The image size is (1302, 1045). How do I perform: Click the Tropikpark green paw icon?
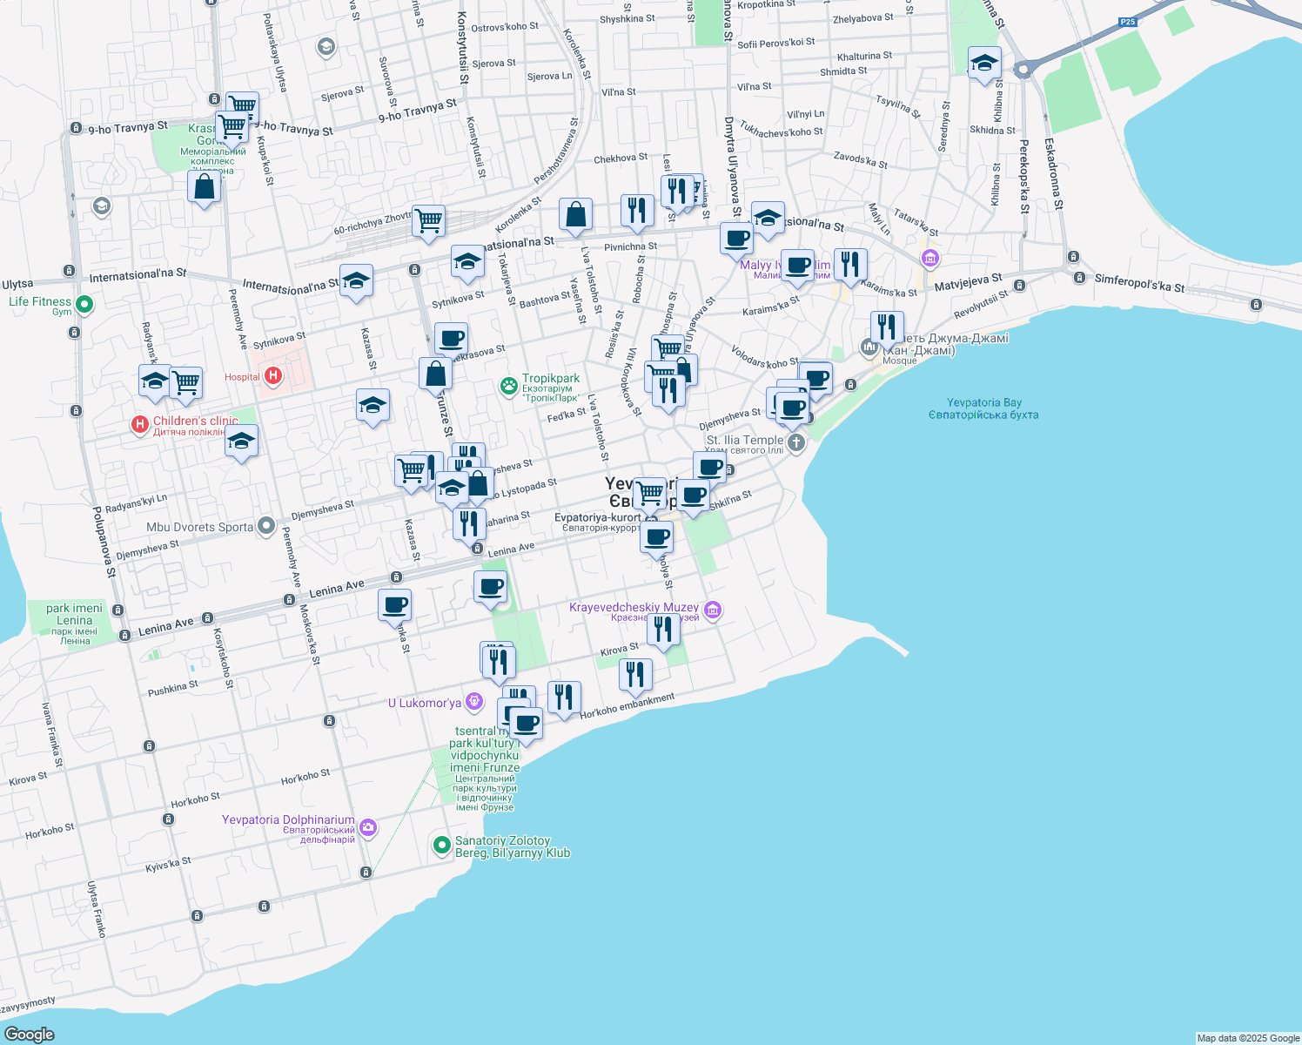509,385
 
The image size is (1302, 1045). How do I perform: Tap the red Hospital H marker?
273,376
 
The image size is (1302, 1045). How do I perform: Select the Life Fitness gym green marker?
84,305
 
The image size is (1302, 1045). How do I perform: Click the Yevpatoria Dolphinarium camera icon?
368,827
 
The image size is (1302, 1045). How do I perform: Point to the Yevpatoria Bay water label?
983,408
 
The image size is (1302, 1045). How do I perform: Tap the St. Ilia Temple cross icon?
795,442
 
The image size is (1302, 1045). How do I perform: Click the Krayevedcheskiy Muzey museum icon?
713,610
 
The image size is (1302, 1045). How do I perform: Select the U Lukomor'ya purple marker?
474,701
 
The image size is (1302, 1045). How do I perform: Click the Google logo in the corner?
29,1034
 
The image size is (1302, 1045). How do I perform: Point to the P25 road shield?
1128,22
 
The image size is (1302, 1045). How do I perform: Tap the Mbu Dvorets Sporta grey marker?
267,526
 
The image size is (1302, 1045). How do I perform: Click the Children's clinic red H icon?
139,424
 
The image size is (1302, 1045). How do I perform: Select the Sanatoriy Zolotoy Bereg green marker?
441,844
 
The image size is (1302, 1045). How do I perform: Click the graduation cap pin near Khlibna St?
984,63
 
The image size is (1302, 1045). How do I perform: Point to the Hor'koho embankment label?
627,705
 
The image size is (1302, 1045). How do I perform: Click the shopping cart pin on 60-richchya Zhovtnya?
428,221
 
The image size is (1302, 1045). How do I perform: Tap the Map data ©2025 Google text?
1247,1038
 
